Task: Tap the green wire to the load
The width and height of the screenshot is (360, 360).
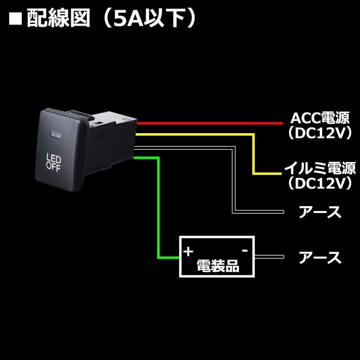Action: (x=159, y=208)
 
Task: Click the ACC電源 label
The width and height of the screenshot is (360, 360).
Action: (x=320, y=118)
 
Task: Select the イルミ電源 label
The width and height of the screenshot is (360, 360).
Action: (x=320, y=168)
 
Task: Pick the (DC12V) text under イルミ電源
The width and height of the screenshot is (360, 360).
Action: (x=320, y=183)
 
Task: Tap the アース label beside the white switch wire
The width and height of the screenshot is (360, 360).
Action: (x=320, y=212)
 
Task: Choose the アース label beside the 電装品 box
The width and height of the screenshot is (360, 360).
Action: (x=320, y=258)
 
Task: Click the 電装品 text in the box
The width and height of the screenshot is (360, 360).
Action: (x=218, y=266)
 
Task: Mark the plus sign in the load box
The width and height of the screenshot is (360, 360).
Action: (x=188, y=252)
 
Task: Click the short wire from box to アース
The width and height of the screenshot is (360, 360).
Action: (x=269, y=257)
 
